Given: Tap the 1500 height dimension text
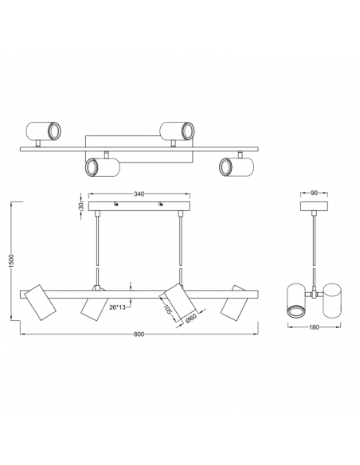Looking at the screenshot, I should pos(10,264).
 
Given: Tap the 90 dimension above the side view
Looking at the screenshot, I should pos(314,192).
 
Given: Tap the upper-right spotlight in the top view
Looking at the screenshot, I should pos(178,128).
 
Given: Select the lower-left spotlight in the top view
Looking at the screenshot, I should pos(101,166).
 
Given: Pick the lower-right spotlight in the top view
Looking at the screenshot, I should pos(235,166).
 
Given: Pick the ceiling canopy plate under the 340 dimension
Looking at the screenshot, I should pos(140,207).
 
